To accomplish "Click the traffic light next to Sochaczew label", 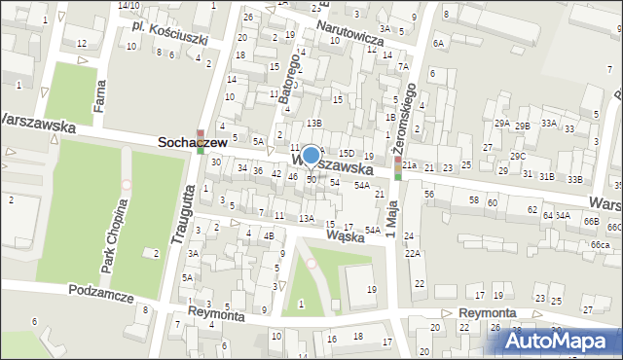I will pyautogui.click(x=200, y=141).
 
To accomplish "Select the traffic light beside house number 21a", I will pyautogui.click(x=397, y=167).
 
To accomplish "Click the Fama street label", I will pyautogui.click(x=99, y=95).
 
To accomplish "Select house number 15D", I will pyautogui.click(x=346, y=154).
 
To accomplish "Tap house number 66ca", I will pyautogui.click(x=600, y=244).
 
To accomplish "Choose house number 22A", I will pyautogui.click(x=413, y=253).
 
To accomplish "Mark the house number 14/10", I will pyautogui.click(x=128, y=5).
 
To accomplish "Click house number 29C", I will pyautogui.click(x=517, y=156).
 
